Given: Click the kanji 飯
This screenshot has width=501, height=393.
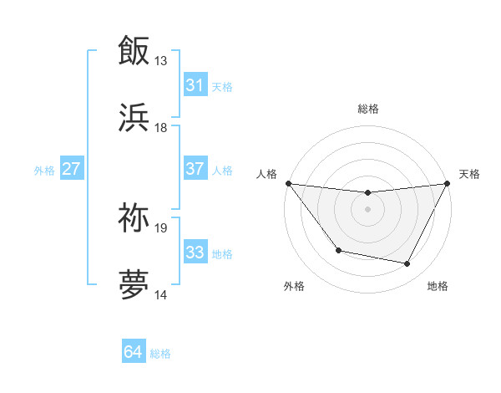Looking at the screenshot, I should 134,49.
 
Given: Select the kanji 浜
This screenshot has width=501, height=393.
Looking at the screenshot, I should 134,116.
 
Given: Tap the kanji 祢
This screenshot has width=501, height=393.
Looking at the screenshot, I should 134,217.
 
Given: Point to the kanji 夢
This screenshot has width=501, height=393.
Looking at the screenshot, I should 134,283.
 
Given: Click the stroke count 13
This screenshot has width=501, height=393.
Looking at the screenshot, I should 160,61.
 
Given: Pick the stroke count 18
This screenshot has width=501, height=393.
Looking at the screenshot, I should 160,128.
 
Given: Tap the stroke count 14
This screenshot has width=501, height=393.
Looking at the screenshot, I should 160,295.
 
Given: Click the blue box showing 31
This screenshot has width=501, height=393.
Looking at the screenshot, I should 195,85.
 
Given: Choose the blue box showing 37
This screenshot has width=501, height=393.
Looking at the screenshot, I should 195,169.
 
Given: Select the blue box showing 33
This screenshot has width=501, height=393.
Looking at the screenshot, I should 195,253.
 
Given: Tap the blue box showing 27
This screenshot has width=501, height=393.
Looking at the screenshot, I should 72,169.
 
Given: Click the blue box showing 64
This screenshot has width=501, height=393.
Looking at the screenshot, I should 134,353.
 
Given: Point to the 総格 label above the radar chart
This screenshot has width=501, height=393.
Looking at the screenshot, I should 367,109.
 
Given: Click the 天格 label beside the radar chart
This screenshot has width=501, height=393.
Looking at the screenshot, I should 469,174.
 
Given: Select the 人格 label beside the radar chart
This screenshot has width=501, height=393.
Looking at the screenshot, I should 267,174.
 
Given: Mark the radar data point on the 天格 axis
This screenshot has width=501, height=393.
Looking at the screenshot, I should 448,183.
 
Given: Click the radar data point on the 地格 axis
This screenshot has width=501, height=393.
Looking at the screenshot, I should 407,264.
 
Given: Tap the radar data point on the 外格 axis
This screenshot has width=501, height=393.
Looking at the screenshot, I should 338,250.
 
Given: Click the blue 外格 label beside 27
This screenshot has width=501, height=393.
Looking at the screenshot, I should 44,170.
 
